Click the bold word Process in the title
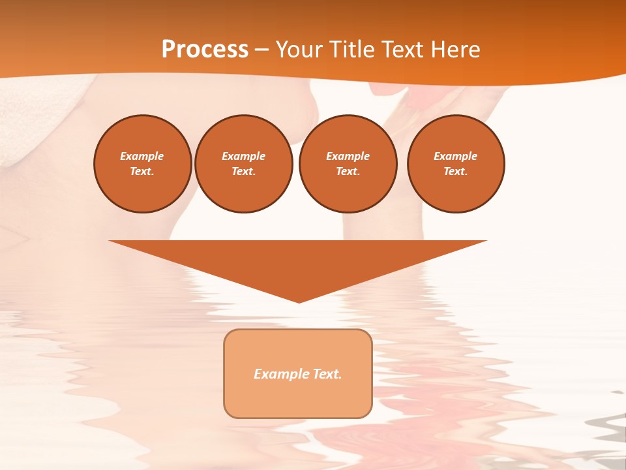point(205,50)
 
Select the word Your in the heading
point(298,50)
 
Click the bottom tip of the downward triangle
point(299,301)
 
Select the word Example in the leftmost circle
point(142,156)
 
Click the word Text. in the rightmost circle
point(456,171)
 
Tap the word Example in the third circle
point(348,156)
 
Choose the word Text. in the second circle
point(243,171)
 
